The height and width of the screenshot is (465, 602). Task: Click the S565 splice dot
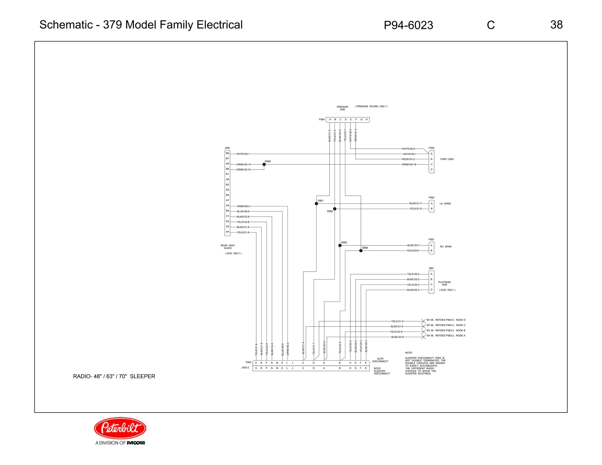point(264,164)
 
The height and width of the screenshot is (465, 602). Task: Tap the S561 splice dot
point(316,203)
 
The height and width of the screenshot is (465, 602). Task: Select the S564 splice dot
point(361,251)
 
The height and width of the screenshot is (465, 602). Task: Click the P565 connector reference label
point(431,148)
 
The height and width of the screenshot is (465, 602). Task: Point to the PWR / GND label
point(447,159)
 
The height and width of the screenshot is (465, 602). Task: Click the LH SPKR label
point(445,203)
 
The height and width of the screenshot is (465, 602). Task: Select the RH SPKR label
point(446,247)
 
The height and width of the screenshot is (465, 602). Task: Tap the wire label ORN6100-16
point(409,164)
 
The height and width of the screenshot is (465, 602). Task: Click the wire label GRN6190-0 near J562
point(243,206)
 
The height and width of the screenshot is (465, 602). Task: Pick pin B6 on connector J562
point(227,153)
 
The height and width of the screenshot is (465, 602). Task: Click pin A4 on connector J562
point(227,232)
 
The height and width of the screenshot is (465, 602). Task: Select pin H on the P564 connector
point(367,120)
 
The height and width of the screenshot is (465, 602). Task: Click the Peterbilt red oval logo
point(120,428)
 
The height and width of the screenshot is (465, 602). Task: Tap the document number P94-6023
point(408,25)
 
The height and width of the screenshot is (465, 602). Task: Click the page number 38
point(556,25)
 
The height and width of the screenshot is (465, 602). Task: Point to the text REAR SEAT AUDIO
point(228,247)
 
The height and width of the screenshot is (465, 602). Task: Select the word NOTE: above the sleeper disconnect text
point(409,353)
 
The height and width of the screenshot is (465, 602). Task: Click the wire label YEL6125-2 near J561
point(413,274)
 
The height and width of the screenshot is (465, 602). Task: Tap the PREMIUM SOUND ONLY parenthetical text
point(371,106)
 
